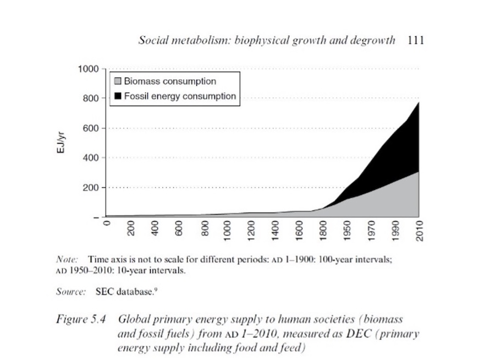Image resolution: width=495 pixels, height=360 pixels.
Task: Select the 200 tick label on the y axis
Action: (x=90, y=188)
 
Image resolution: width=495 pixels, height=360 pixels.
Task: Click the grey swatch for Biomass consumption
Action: (x=118, y=81)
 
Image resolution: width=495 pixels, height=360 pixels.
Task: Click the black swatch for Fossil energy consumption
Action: (x=118, y=96)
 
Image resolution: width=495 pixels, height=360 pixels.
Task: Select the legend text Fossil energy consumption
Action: (x=180, y=96)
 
